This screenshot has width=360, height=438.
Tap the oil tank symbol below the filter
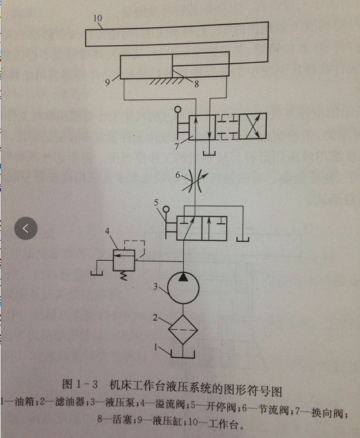coord(183,354)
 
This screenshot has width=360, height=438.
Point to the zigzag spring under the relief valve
coord(124,276)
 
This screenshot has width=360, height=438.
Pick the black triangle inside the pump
coord(183,276)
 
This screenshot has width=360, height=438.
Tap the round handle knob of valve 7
coord(177,109)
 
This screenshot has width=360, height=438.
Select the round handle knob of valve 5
coord(166,209)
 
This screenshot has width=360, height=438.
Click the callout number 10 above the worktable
coord(98,18)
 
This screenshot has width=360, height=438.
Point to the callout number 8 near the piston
coord(197,83)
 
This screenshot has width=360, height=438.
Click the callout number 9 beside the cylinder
coord(107,82)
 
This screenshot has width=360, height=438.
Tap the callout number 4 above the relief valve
coord(107,231)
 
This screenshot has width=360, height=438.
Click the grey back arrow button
coord(26,228)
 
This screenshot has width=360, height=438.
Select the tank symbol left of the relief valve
coord(96,272)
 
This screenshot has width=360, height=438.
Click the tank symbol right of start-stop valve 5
coord(243,239)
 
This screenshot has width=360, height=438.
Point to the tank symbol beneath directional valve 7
coord(209,153)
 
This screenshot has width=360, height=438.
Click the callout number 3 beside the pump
coord(155,286)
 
